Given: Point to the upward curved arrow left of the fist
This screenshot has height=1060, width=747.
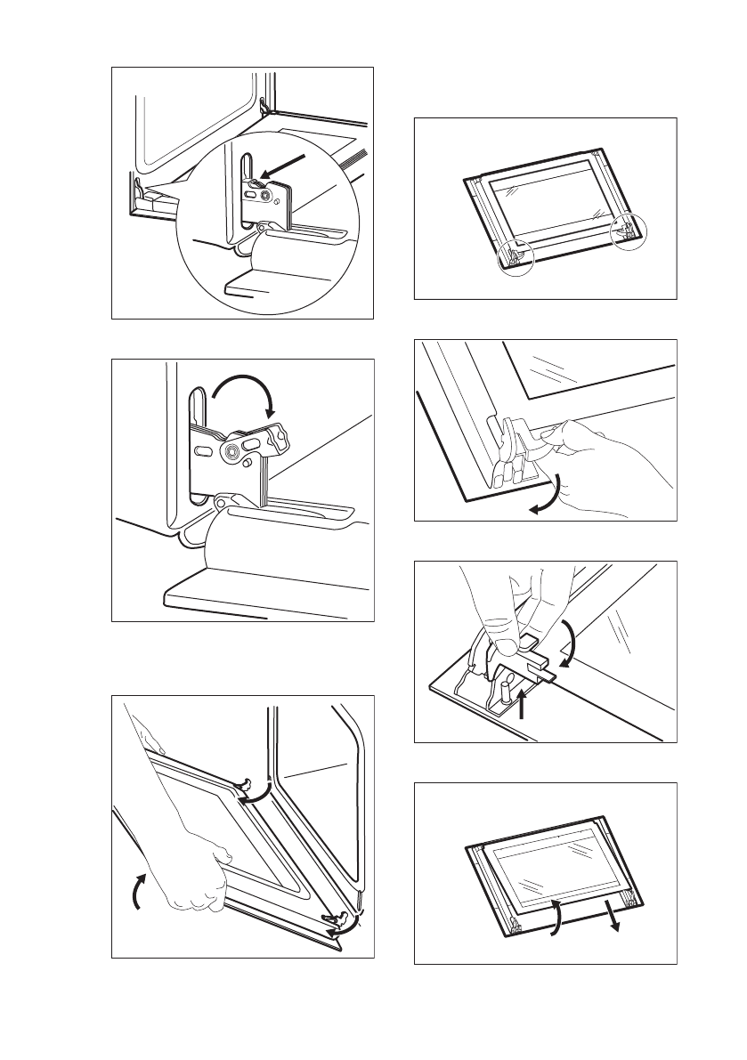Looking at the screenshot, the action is [136, 890].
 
